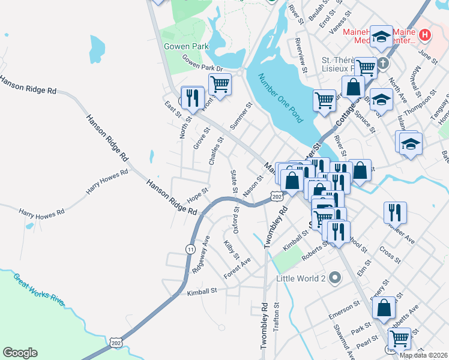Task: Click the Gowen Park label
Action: (186, 46)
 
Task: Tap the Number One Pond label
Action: (280, 98)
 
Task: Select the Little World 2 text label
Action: (301, 278)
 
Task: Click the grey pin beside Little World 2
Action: (335, 278)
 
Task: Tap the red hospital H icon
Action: (425, 35)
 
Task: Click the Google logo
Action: (20, 353)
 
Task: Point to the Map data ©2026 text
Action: (423, 355)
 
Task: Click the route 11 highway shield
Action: (191, 249)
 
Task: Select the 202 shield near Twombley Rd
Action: (276, 197)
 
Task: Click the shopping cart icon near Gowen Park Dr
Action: (220, 85)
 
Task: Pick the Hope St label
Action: (197, 195)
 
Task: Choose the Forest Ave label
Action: (237, 268)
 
